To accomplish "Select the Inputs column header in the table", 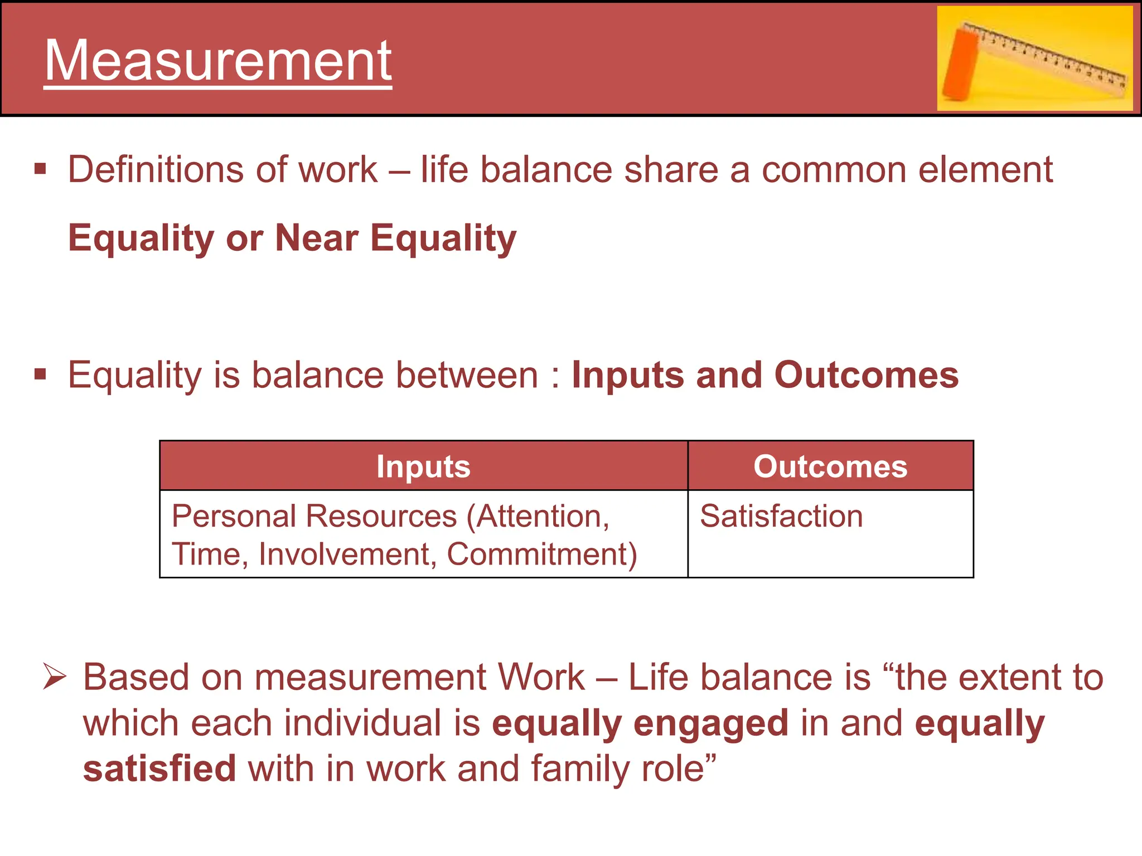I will [423, 466].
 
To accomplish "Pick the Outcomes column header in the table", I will [830, 466].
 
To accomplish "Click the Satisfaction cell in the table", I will [781, 516].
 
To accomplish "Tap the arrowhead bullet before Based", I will [55, 677].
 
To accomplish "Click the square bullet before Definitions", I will [40, 169].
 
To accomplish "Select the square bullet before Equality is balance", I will [40, 374].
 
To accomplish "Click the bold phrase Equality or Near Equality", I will [292, 238].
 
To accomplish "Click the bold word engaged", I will [711, 723].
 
